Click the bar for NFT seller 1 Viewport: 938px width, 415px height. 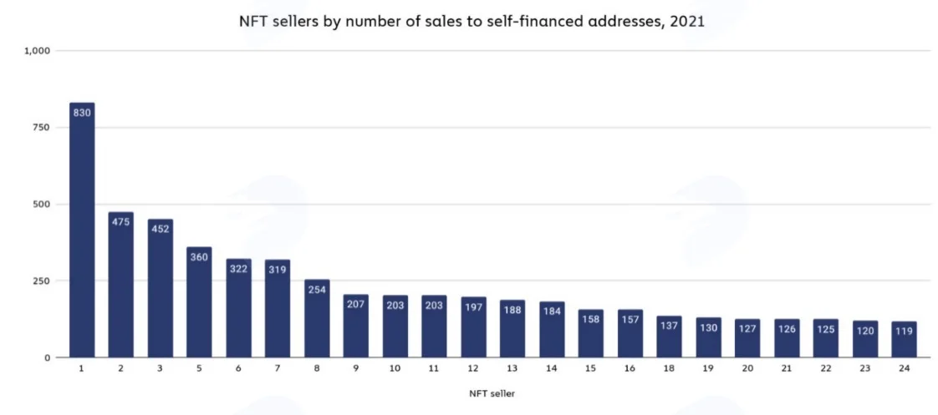coord(82,230)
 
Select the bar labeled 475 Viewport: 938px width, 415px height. coord(121,285)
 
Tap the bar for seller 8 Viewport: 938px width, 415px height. coord(317,318)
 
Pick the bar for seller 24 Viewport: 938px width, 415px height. coord(904,339)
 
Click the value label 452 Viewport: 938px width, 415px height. coord(161,230)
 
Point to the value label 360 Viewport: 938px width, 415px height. coord(199,257)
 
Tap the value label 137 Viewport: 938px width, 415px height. coord(669,326)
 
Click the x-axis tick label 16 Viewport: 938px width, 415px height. coord(630,369)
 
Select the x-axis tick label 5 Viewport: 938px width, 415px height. coord(199,369)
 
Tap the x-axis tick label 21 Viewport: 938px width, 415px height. coord(787,369)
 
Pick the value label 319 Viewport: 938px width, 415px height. coord(278,270)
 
